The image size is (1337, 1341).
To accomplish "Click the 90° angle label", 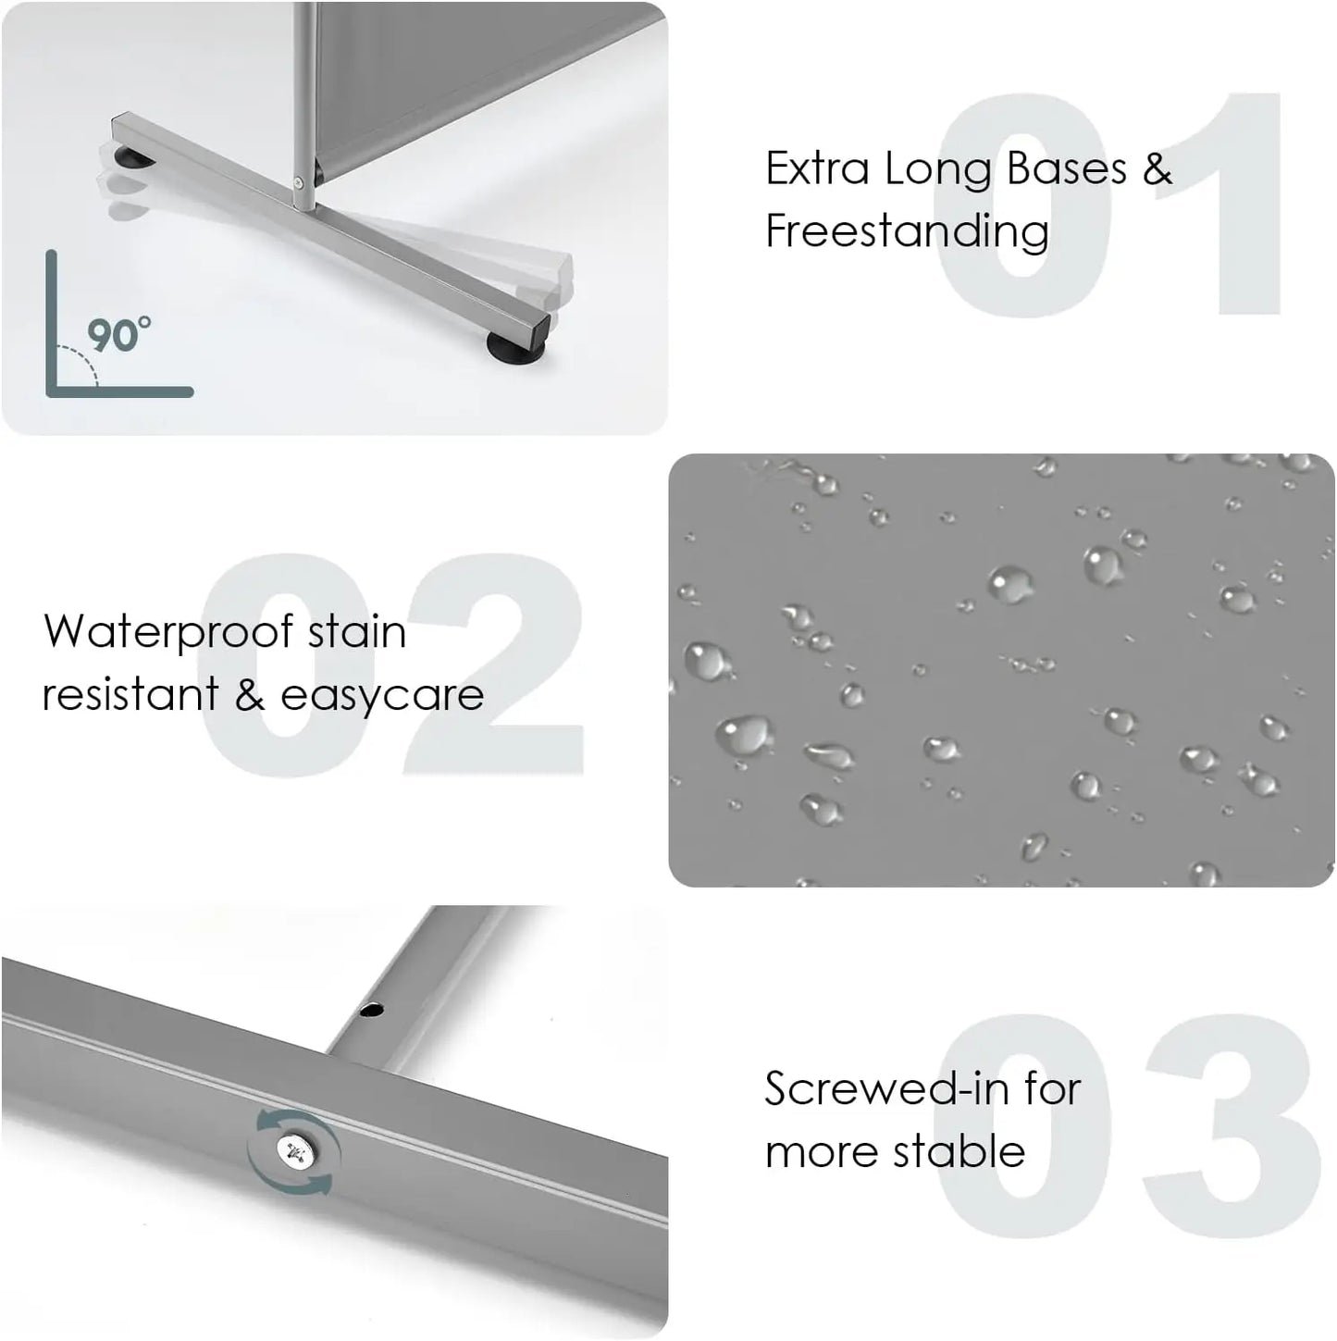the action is pyautogui.click(x=119, y=335).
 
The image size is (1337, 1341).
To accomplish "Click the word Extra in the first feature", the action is pyautogui.click(x=817, y=169).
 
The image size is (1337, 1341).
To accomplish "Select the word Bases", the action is pyautogui.click(x=1067, y=169).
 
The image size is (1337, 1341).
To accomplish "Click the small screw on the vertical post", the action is pyautogui.click(x=299, y=183).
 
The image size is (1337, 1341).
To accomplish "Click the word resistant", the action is pyautogui.click(x=130, y=694).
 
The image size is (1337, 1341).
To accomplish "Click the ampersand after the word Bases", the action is pyautogui.click(x=1157, y=169).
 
